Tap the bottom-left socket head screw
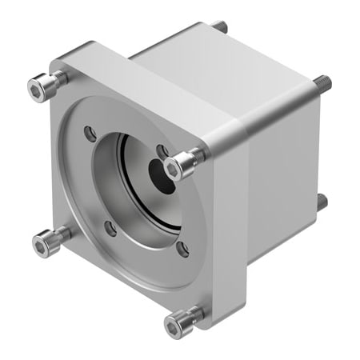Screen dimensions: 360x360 click(x=46, y=239)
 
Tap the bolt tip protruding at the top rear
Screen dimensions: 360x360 click(x=222, y=27)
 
